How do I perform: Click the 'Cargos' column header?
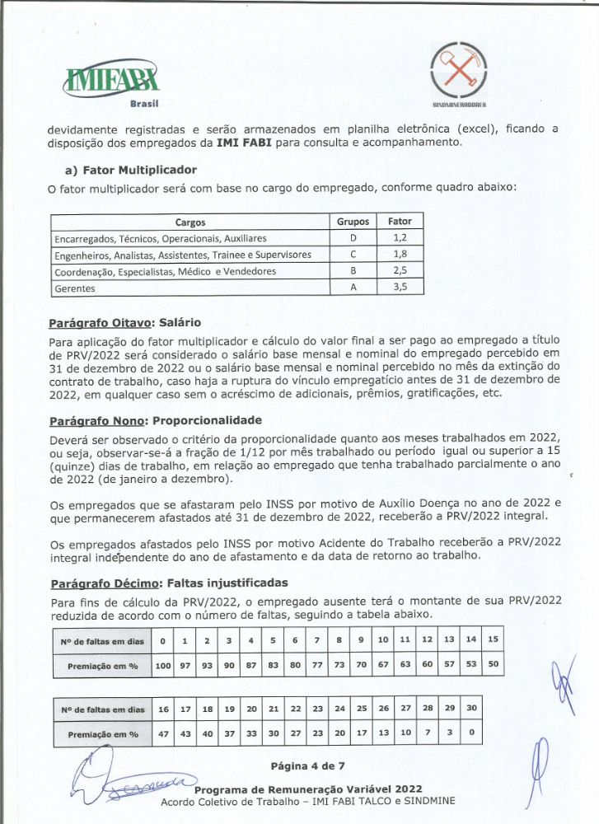click(x=190, y=222)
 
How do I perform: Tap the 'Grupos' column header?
click(x=353, y=222)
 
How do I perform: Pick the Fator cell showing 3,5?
click(x=400, y=288)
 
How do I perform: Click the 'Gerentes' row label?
click(x=75, y=288)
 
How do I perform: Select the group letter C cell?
click(x=353, y=255)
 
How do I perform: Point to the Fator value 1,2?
click(x=400, y=238)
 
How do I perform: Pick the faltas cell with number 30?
click(x=472, y=709)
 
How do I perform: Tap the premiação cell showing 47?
click(x=163, y=733)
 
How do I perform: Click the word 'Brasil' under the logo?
click(x=144, y=103)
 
